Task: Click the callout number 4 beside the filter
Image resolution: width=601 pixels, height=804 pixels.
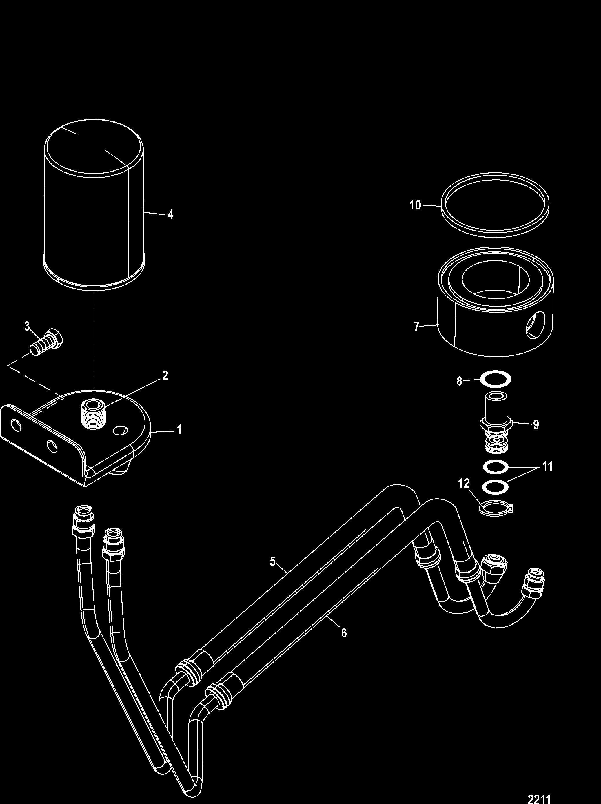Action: pos(170,214)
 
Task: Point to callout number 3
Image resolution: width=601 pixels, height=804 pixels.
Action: pos(27,327)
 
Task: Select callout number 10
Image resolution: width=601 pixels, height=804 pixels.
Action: pos(415,205)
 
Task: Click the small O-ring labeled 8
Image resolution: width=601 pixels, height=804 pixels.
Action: pos(496,380)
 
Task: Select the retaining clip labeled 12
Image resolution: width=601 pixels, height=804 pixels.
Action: pos(496,507)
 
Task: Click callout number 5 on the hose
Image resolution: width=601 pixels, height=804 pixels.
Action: pos(273,561)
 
